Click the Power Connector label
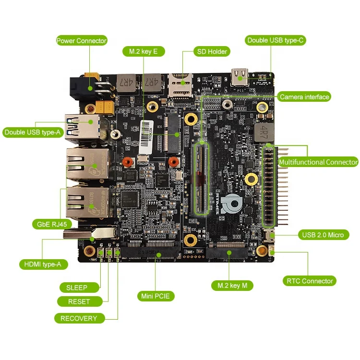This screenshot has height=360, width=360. [x=81, y=41]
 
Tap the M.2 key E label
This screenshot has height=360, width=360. [x=140, y=51]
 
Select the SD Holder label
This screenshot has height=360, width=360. [x=211, y=51]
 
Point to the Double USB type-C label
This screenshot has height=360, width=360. [x=276, y=40]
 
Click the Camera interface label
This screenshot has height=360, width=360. [x=304, y=97]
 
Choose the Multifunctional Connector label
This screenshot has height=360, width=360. [x=318, y=162]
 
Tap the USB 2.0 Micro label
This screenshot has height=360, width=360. [x=323, y=235]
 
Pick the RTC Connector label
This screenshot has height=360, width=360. [x=310, y=281]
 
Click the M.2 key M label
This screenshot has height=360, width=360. [x=232, y=286]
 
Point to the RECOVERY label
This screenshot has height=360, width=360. [x=79, y=318]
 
